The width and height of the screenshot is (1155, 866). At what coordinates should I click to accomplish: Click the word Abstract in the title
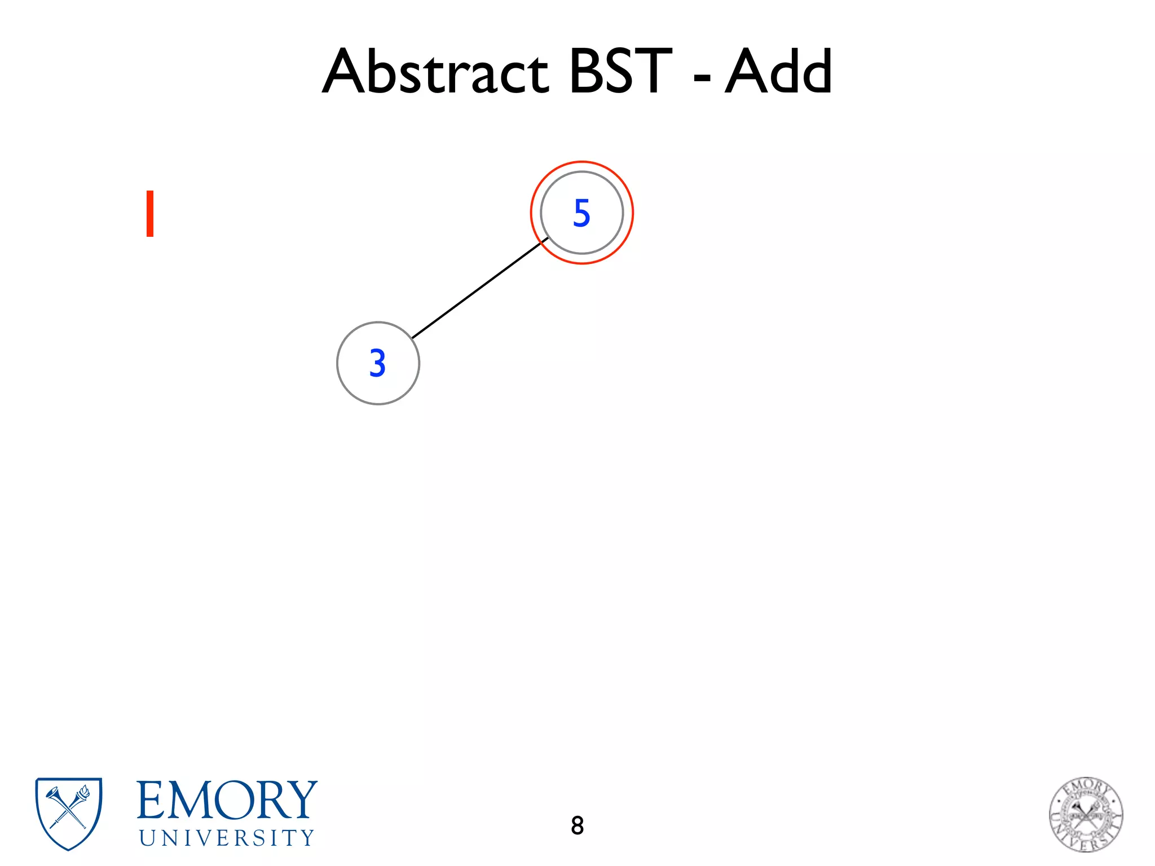[435, 72]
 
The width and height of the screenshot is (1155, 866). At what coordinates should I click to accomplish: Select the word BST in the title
[620, 72]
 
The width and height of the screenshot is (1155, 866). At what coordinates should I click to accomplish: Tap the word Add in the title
[778, 72]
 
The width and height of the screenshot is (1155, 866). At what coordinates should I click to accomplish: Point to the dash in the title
[702, 77]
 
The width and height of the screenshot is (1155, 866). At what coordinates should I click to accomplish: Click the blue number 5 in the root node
[581, 213]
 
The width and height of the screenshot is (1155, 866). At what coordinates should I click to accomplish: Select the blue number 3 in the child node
[378, 363]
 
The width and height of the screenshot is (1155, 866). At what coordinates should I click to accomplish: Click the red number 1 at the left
[150, 214]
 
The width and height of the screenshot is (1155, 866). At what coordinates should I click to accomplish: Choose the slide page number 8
[577, 825]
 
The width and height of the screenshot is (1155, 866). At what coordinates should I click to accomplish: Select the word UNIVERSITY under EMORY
[227, 838]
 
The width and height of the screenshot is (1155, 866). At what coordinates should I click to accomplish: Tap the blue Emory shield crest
[69, 812]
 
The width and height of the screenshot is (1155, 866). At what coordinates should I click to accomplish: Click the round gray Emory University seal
[1086, 814]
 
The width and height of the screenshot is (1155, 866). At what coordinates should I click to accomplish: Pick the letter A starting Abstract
[345, 72]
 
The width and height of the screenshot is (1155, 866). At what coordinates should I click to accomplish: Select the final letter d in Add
[815, 72]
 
